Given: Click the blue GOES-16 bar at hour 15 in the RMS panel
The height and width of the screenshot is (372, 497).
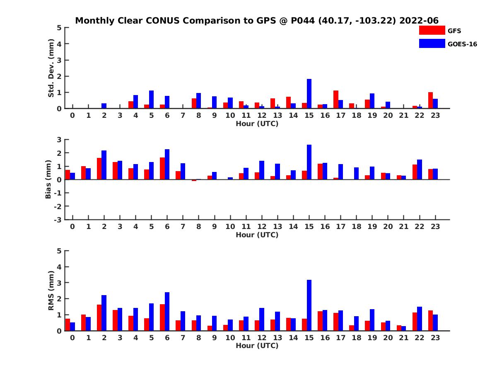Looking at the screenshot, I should (309, 305).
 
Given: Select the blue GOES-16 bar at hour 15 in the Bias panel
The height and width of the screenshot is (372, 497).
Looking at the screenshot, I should (309, 162).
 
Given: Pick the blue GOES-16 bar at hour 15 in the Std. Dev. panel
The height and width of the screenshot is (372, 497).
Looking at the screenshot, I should (309, 94).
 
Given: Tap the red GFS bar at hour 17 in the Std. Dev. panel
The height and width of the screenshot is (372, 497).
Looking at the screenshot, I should (336, 100).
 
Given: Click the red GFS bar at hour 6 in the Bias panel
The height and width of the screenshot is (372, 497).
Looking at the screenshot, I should (162, 169).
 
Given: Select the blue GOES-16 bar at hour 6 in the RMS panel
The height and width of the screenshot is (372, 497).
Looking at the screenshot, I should (167, 312).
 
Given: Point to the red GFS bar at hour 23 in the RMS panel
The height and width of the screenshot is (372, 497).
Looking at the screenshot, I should (430, 321).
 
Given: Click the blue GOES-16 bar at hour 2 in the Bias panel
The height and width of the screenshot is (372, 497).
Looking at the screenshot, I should (104, 165).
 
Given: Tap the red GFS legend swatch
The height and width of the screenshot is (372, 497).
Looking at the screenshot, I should (432, 30).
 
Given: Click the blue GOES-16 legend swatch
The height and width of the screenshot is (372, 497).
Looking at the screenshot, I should (432, 43).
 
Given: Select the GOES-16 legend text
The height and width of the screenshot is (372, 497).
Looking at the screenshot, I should (462, 44).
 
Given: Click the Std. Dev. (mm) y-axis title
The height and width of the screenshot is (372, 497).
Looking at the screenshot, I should (51, 68).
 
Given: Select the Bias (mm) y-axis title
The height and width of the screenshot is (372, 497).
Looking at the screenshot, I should (48, 179).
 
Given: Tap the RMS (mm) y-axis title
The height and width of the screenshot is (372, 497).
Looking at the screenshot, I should (51, 291).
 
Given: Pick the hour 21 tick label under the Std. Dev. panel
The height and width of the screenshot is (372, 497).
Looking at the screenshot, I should (403, 116).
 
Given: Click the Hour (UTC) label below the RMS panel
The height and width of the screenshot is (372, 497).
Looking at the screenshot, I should (257, 346).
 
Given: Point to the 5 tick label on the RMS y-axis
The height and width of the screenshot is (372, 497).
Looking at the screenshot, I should (60, 251).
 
